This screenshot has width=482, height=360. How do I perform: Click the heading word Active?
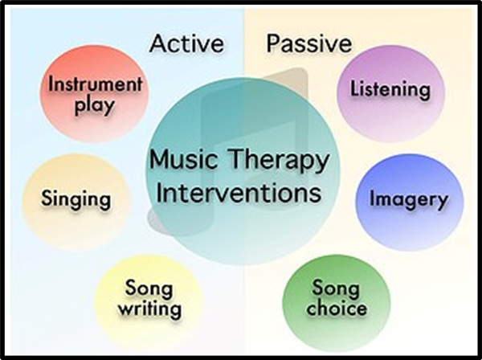(186, 43)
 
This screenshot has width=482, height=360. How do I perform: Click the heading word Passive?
(309, 43)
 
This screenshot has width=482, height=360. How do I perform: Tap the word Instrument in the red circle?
(96, 84)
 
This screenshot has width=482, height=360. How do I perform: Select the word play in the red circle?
(95, 106)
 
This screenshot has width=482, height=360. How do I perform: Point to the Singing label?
(76, 199)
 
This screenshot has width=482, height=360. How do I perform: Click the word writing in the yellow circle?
(149, 309)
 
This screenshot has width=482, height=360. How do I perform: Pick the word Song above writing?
(149, 288)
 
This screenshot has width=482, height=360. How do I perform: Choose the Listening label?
(390, 89)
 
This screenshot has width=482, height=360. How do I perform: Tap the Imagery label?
(409, 199)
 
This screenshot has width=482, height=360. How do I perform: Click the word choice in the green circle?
(337, 308)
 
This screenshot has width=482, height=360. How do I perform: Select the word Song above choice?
(336, 288)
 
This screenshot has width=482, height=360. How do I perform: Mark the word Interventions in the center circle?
(239, 193)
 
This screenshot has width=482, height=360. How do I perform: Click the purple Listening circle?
(390, 94)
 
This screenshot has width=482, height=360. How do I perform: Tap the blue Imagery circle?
(410, 202)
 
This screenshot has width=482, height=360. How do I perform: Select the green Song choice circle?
(337, 303)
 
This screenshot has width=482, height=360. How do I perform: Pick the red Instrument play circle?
(94, 94)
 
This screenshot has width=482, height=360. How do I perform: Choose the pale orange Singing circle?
(76, 202)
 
